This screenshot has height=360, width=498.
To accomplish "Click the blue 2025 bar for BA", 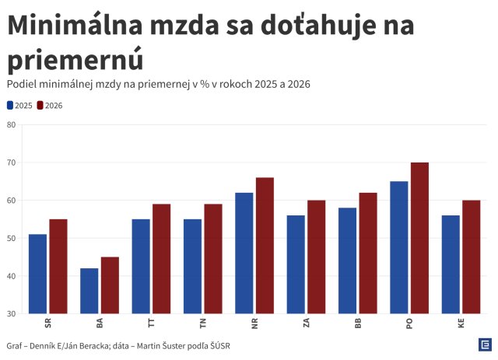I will (89, 291).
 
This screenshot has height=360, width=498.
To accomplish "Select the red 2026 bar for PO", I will (419, 238).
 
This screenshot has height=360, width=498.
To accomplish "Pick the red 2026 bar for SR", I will (58, 266).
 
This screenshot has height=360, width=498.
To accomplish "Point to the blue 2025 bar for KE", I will (451, 264).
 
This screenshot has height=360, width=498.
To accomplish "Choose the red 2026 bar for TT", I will (161, 259).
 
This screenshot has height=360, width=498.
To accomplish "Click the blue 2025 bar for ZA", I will (296, 264).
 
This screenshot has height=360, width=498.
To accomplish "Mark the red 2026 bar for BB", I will (368, 253).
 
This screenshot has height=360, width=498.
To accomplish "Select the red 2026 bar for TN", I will (213, 259).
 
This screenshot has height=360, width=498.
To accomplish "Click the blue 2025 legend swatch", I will (10, 105).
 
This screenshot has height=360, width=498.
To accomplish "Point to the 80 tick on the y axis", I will (11, 125).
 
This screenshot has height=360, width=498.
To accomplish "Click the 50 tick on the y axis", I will (11, 238).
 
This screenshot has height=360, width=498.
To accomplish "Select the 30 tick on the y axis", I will (11, 313).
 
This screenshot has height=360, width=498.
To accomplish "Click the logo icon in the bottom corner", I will (484, 344).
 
